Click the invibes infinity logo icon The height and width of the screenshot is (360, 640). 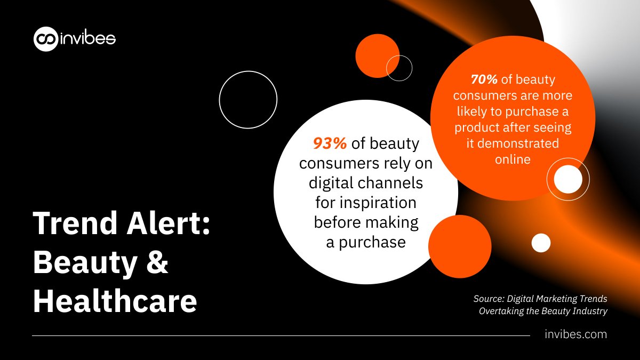coord(45,39)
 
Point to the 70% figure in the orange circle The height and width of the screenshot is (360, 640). coord(484,79)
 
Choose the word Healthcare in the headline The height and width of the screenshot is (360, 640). coord(115,301)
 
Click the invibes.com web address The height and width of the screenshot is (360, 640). coord(576,334)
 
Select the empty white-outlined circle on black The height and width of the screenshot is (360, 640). coord(248,99)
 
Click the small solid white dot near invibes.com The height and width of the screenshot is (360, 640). coord(541,243)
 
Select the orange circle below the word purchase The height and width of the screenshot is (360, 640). coord(459,246)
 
